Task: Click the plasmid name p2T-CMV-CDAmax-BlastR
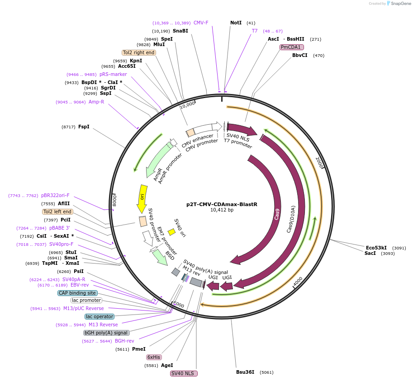222,204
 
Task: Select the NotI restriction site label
236,23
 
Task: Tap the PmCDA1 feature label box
292,47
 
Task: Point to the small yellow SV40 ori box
171,232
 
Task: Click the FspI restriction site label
84,127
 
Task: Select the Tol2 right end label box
139,52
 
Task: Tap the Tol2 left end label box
57,212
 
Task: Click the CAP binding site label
77,293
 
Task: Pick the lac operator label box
100,316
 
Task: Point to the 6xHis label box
154,357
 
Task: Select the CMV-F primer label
201,23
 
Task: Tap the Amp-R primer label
96,102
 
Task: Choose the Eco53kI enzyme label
376,248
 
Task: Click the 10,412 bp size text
222,210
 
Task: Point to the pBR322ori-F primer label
55,195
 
